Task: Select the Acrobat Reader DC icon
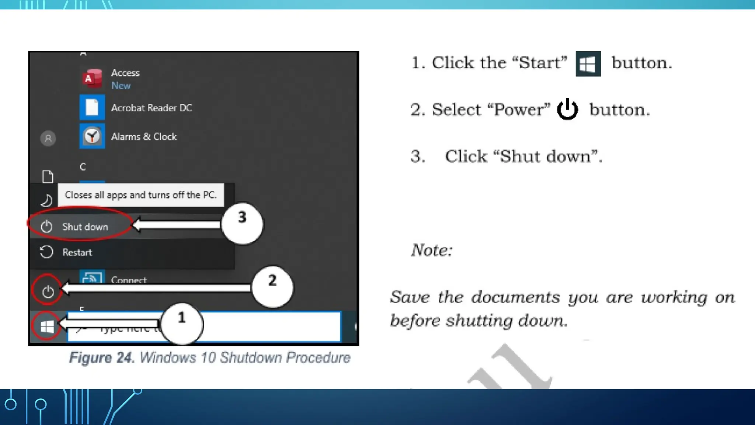92,107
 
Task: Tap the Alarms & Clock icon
92,136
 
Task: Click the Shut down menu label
85,227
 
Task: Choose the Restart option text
77,252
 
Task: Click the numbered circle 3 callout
242,223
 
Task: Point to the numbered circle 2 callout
272,286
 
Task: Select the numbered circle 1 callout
182,323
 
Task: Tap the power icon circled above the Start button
48,291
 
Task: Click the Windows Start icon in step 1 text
588,64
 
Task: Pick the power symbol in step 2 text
567,109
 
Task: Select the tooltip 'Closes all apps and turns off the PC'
140,195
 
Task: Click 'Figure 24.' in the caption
102,357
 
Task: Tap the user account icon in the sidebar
48,139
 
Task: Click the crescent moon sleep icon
46,201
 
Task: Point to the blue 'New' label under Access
121,86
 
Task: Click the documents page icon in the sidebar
48,177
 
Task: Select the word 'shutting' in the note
479,320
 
